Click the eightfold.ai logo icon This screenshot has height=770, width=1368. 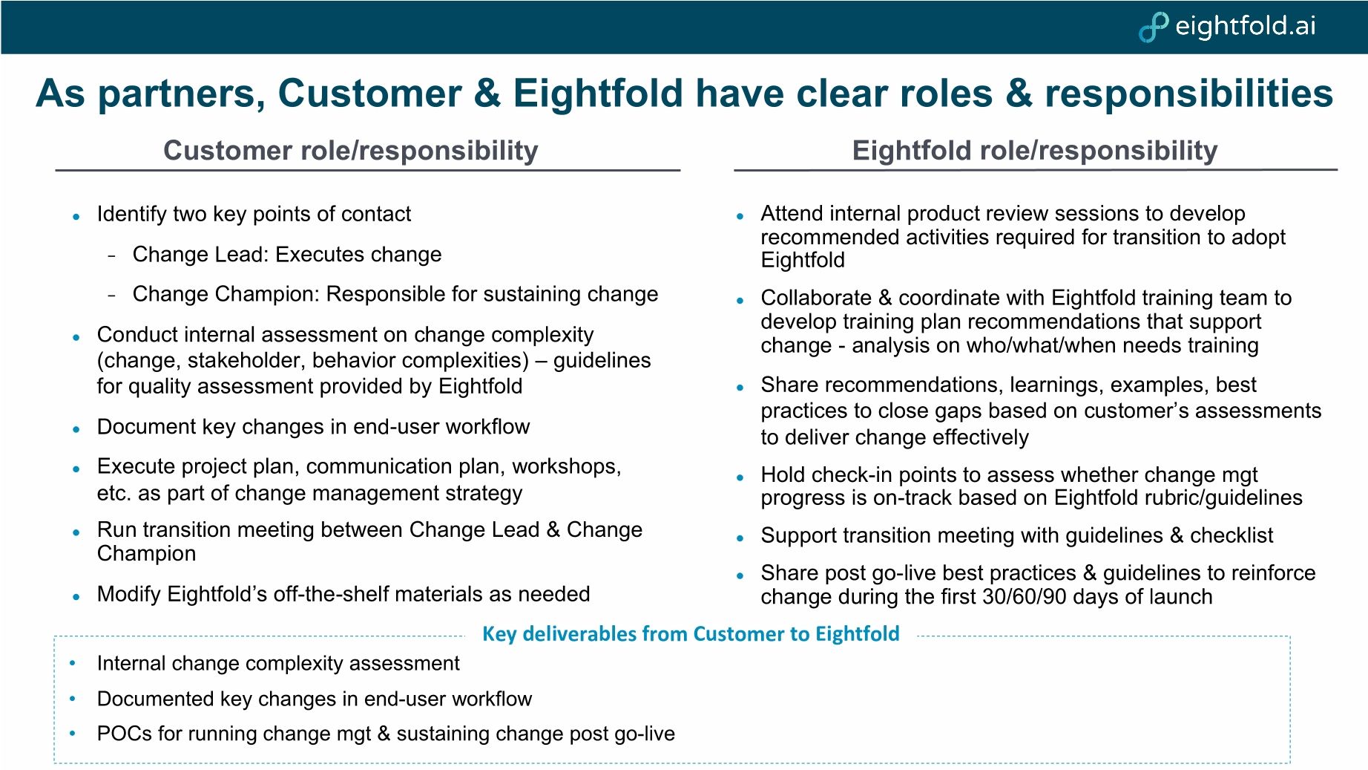coord(1153,27)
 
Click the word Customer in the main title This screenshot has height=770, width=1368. coord(369,94)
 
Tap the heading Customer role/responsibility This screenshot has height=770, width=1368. coord(350,151)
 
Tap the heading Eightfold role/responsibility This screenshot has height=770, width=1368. coord(1034,151)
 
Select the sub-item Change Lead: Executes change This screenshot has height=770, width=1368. coord(286,255)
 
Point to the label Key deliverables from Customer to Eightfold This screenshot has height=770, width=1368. coord(690,634)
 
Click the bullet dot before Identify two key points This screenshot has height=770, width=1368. coord(76,217)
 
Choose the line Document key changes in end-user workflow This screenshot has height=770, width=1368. coord(313,427)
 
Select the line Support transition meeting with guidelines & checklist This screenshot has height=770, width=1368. coord(1016,536)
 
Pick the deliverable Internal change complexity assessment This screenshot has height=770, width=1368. coord(278,664)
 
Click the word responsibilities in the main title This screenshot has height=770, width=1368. coord(1188,94)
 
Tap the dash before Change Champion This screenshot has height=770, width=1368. coord(112,296)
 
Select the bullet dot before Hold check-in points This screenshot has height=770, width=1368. coord(740,478)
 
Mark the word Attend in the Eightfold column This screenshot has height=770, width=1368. coord(792,214)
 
